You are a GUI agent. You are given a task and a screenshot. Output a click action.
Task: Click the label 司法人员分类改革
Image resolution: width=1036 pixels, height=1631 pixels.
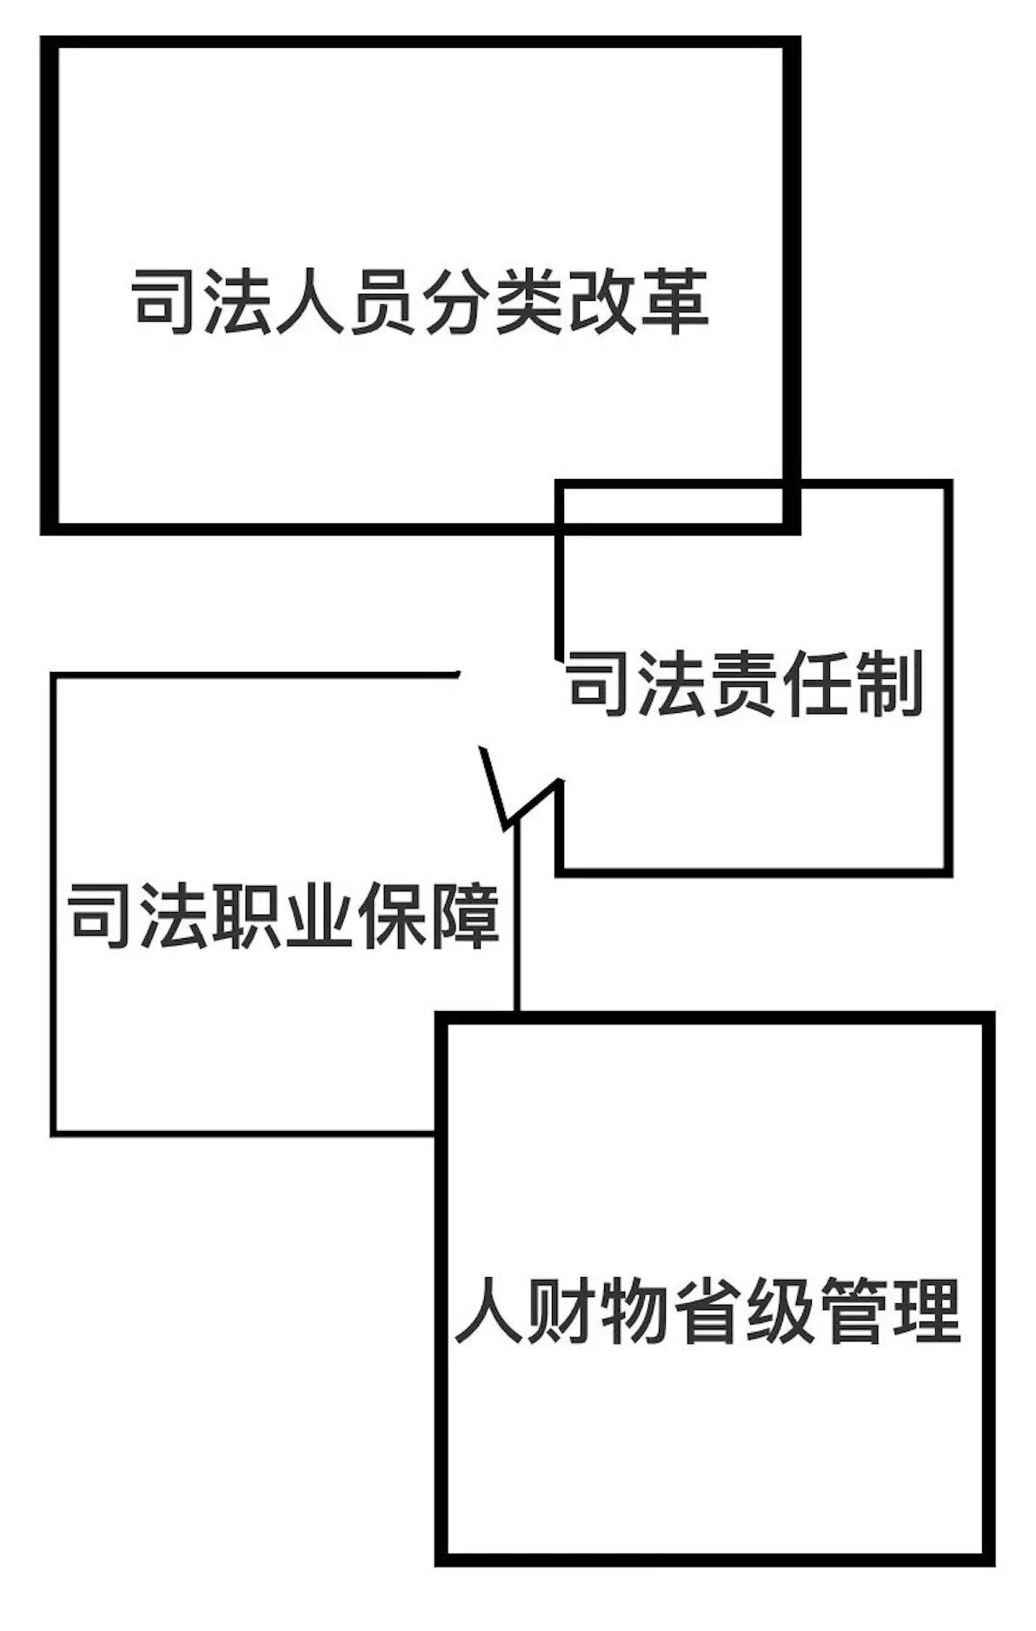(x=421, y=302)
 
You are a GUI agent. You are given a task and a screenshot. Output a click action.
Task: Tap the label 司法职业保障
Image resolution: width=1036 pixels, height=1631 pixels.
(x=284, y=915)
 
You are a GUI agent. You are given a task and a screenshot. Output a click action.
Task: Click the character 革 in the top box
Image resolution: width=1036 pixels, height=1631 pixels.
(x=674, y=302)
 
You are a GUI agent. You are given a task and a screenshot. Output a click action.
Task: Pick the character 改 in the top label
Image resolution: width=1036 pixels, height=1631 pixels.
(x=602, y=302)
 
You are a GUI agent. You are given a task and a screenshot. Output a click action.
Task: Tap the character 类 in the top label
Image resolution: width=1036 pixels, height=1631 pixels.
(x=529, y=302)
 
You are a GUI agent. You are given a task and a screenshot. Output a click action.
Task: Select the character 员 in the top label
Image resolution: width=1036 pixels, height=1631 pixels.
(x=384, y=302)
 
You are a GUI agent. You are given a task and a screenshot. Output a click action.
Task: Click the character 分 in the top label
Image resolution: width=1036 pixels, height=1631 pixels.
(x=457, y=302)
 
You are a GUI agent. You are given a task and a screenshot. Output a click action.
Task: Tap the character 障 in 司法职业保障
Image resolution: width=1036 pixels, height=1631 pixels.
(x=465, y=915)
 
